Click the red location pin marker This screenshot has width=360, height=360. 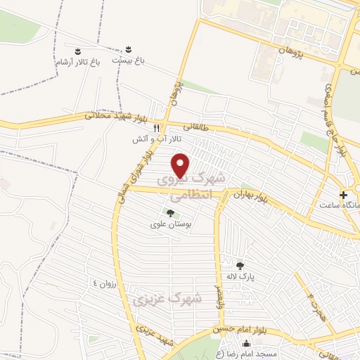182,165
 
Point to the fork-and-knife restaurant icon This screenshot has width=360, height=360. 157,128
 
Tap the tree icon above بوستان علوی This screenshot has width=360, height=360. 169,212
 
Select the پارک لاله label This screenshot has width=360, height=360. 240,278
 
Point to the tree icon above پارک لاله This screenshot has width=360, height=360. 240,265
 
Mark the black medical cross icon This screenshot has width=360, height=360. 344,194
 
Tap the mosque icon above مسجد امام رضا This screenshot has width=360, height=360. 247,344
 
